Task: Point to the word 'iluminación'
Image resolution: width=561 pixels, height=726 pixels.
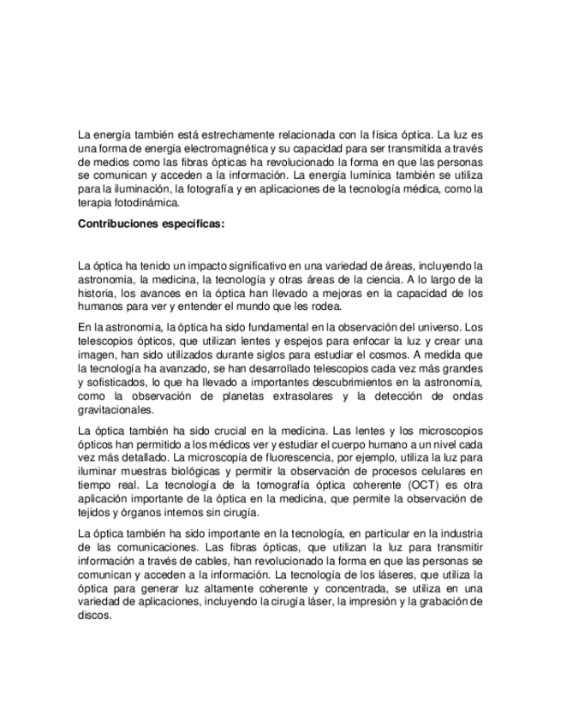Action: tap(134, 188)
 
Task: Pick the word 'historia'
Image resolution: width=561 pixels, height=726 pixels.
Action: tap(96, 292)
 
